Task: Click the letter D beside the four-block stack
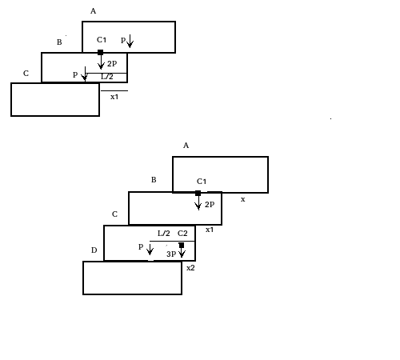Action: pos(94,250)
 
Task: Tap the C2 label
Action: pos(182,234)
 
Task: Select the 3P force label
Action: pos(171,254)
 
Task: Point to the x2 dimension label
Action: pos(190,268)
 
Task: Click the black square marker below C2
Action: pos(182,245)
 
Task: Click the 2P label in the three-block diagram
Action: pos(112,63)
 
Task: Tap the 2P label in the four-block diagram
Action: pos(210,204)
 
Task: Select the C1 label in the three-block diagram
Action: pos(102,40)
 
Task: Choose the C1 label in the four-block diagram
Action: pos(202,182)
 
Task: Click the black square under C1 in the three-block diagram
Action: pos(101,53)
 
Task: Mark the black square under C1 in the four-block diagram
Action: pos(198,194)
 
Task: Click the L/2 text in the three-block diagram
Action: pos(107,77)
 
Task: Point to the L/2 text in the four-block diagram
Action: pos(164,234)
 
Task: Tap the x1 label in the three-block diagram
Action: pos(114,97)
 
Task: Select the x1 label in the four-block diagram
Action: pos(210,230)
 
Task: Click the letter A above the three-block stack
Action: pos(93,11)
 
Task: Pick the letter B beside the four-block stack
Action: pos(154,180)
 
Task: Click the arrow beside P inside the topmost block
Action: pos(130,41)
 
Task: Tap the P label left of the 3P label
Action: pos(141,246)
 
